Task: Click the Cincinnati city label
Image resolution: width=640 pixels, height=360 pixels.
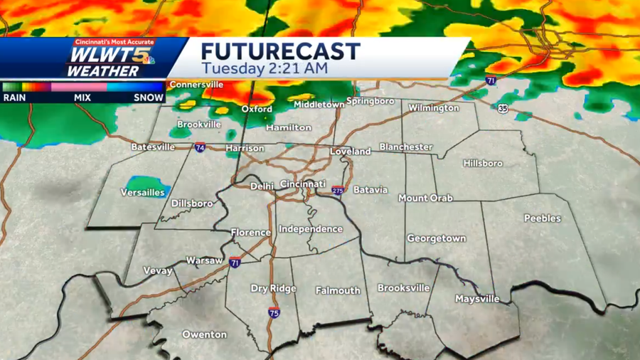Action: coord(303,184)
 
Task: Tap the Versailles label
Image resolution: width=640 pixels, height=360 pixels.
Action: coord(142,193)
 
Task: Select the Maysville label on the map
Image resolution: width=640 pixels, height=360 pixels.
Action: coord(477,299)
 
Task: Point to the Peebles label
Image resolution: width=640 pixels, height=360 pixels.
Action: coord(543,218)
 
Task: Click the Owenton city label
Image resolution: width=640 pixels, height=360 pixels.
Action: coord(204,334)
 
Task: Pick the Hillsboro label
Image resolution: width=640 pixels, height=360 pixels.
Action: coord(483,164)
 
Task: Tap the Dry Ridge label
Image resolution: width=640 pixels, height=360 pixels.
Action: coord(273,289)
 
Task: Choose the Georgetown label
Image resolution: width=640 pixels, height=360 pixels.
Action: coord(436,239)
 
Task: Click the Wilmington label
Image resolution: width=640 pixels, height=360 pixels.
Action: coord(433,108)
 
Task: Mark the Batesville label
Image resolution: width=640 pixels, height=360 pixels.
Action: coord(153,147)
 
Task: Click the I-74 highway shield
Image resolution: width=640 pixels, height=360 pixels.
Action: coord(200,147)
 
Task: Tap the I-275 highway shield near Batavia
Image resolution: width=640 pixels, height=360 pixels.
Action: coord(337,191)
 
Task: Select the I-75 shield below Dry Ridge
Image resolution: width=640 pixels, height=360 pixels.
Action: coord(274,312)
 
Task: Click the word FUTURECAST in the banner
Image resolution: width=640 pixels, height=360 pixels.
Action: coord(280,51)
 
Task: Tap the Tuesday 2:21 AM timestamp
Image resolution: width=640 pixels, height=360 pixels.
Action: coord(264,68)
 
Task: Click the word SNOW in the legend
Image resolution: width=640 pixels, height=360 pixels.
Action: coord(149,97)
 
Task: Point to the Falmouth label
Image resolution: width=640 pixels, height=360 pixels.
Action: coord(338,290)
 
